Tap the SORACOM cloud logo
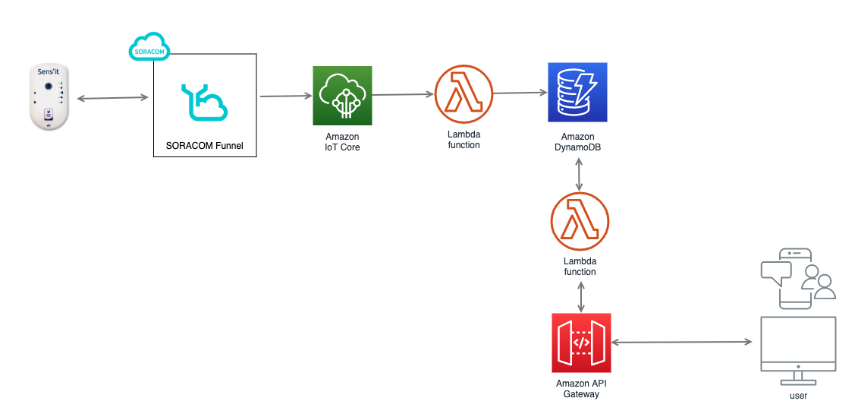coord(148,47)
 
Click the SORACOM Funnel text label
coord(205,145)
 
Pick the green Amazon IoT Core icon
coord(343,95)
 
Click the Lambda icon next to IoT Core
coord(464,94)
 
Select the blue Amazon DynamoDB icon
coord(579,93)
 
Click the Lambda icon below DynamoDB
coord(580,221)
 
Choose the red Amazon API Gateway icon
coord(581,343)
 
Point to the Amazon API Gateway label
coord(581,388)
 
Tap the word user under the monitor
coord(798,396)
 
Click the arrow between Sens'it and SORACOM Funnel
coord(112,98)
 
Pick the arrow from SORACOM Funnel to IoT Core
coord(286,96)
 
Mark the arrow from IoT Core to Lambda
coord(403,95)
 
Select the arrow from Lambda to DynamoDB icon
coord(520,93)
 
